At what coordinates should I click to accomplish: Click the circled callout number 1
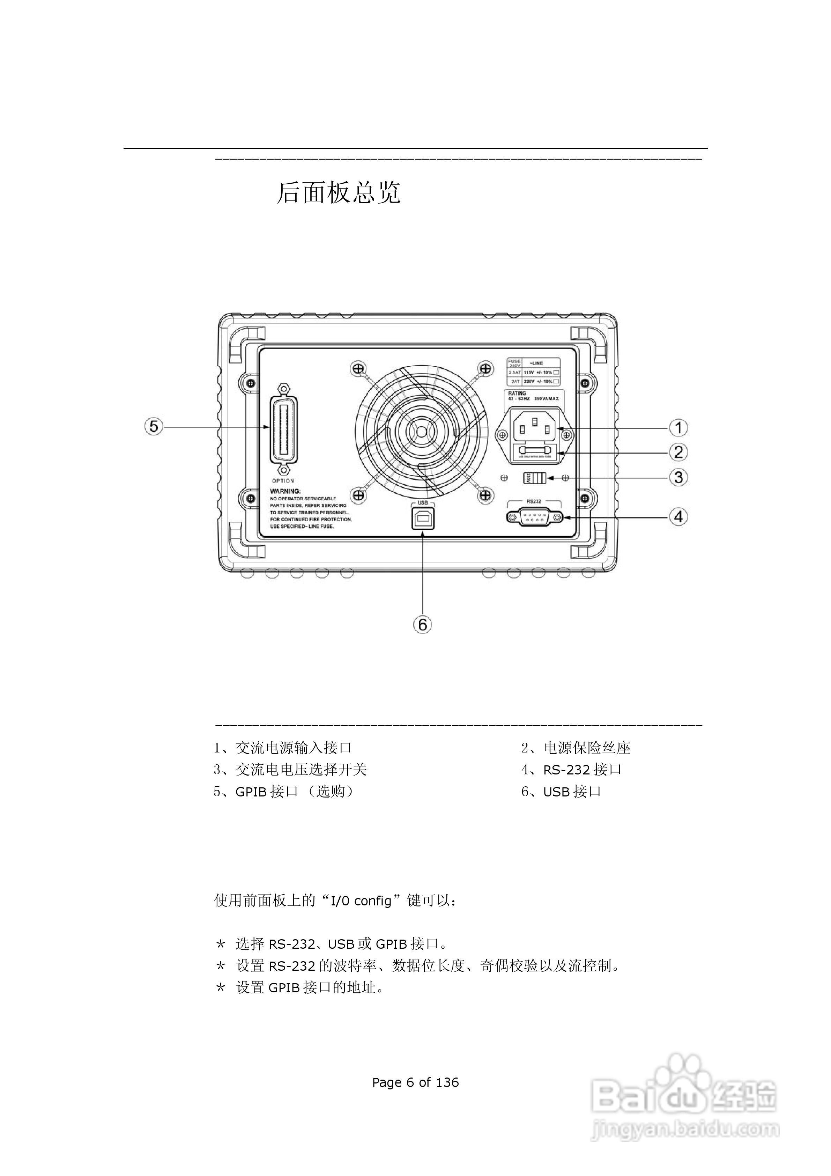click(x=678, y=428)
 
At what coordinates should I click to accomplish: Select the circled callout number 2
click(x=678, y=452)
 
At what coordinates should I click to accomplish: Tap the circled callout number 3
click(x=678, y=477)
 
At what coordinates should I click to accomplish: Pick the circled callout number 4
click(x=678, y=517)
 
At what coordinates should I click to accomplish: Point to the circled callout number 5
click(x=154, y=427)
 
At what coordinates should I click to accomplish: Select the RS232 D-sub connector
click(x=534, y=517)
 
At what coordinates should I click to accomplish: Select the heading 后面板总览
click(x=339, y=193)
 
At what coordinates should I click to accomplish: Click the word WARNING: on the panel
click(x=285, y=491)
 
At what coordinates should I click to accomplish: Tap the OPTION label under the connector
click(x=283, y=481)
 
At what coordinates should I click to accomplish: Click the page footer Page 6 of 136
click(x=415, y=1082)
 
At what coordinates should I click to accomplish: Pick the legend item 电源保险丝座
click(x=587, y=748)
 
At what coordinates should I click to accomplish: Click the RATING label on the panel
click(x=517, y=394)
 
